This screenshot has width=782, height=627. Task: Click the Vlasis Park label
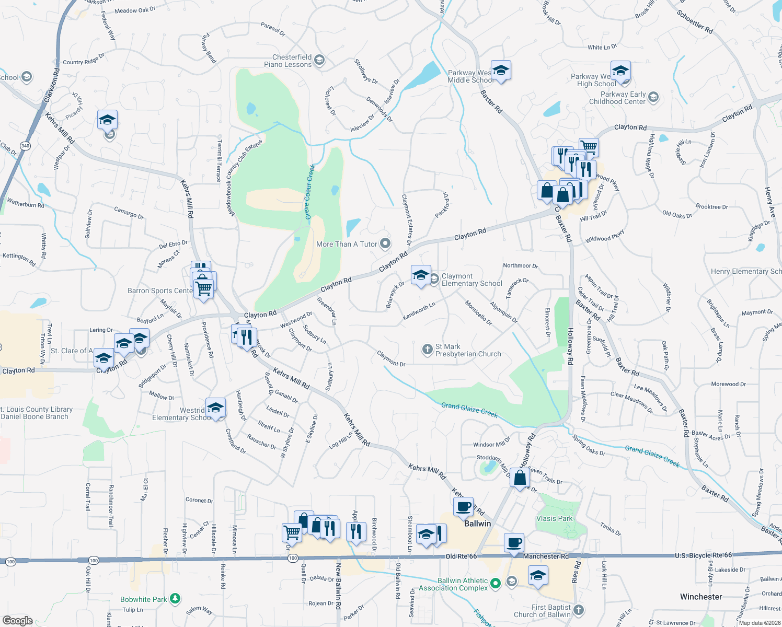pos(554,518)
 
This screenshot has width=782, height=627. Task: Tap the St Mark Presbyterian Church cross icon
pos(428,348)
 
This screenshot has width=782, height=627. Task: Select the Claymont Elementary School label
pos(471,280)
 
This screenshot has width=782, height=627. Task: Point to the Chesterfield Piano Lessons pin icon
pos(320,61)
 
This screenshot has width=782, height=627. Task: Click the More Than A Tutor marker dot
pos(385,243)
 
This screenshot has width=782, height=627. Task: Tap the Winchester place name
pos(701,597)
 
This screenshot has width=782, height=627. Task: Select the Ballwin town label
pos(477,524)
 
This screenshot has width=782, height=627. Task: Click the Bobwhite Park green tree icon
pos(176,598)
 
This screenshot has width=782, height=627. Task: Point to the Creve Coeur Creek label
pos(310,191)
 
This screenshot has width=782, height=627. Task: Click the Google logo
pos(17,620)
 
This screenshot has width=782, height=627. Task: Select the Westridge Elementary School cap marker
pos(215,407)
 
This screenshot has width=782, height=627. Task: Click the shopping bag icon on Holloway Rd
pos(520,478)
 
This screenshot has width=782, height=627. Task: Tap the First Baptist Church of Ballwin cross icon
pos(578,610)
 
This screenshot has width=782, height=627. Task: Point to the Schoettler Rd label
pos(694,22)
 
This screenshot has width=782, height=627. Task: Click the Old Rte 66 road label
pos(461,556)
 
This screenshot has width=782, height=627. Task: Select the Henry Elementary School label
pos(746,271)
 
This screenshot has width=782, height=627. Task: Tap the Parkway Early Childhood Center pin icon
pos(653,97)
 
